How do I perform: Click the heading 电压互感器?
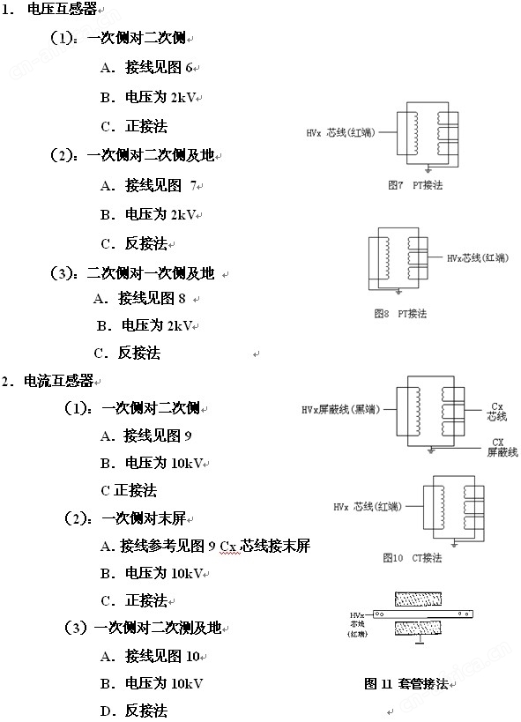pos(63,9)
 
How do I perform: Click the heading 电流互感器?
pos(58,381)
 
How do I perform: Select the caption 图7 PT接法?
pos(415,185)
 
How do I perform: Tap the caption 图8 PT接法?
pos(400,314)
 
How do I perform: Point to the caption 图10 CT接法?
pos(413,558)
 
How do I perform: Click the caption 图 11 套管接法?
pos(406,684)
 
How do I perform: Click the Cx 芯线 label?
pos(497,412)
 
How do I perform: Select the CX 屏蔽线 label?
pos(502,447)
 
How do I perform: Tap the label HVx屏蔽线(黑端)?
pos(341,409)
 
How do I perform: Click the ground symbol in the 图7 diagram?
pos(428,170)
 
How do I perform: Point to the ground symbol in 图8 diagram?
pos(399,292)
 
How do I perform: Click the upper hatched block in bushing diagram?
pos(418,599)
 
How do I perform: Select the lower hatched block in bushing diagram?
pos(418,628)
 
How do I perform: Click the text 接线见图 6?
pos(159,68)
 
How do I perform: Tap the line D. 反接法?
pos(134,711)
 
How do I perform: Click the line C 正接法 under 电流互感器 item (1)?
pos(129,490)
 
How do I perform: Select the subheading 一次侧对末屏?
pos(144,518)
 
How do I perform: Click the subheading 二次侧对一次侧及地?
pos(151,273)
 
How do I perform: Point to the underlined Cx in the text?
pos(228,547)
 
